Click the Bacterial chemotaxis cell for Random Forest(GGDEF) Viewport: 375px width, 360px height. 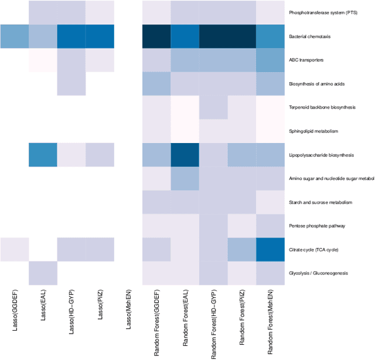pos(156,36)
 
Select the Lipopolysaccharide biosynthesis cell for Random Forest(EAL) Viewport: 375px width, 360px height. pos(185,155)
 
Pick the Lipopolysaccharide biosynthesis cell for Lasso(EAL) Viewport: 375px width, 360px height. pos(43,155)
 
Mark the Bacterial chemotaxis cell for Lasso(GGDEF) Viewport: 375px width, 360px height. pos(14,36)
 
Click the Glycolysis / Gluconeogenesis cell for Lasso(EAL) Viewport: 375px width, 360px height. pos(43,273)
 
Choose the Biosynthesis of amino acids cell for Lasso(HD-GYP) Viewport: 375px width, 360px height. pos(71,83)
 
